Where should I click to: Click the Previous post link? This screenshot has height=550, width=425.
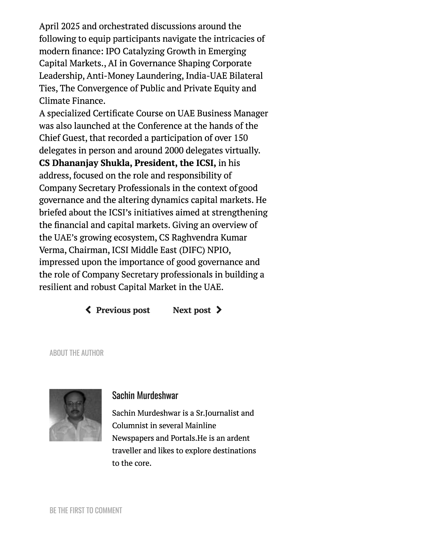pos(123,310)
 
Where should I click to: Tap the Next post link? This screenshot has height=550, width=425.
pos(192,310)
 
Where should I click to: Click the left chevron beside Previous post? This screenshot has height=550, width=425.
pos(88,310)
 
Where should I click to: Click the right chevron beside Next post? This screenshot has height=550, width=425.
pos(219,310)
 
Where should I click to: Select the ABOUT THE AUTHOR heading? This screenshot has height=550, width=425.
pos(76,353)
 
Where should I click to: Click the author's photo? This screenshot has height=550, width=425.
pos(75,415)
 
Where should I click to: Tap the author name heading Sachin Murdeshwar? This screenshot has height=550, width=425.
pos(145,395)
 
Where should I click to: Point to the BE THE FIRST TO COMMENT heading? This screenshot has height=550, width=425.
pos(86,510)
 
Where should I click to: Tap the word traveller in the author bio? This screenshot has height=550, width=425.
pos(126,450)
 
